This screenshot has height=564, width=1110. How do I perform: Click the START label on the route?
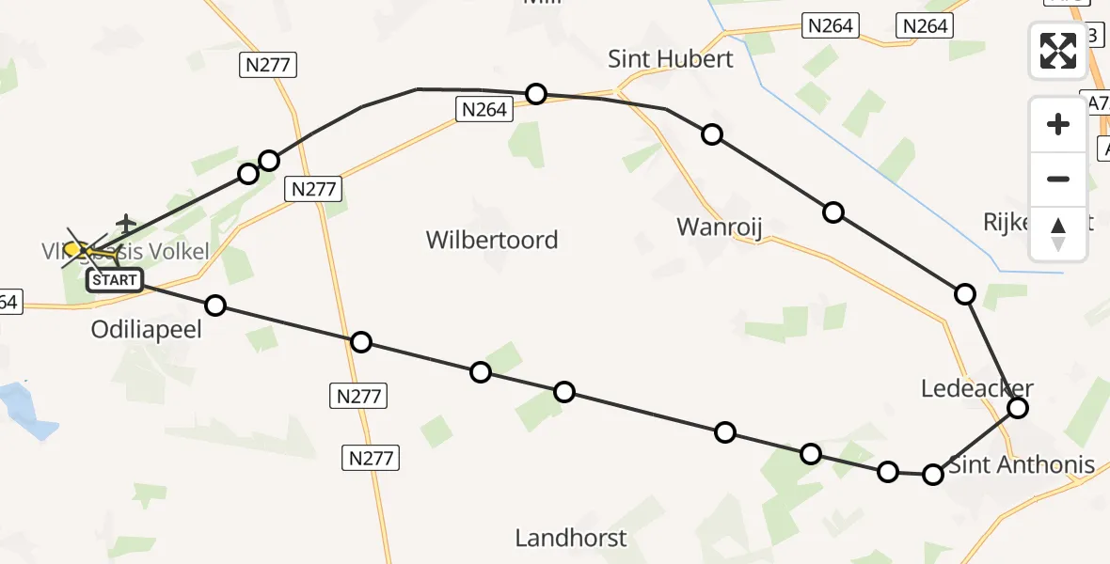coord(115,279)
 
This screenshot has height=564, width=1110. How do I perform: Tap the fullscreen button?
coord(1058,50)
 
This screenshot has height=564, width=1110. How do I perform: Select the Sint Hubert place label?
coord(670,59)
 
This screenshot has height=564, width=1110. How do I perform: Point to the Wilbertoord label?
coord(492,240)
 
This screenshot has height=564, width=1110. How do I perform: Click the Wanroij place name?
coord(719,227)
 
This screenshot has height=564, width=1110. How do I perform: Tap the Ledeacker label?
coord(977,388)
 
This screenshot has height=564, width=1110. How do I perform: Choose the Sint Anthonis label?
coord(1021,464)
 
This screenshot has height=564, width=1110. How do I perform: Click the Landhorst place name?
coord(570,538)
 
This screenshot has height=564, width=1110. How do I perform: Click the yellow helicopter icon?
coord(80,250)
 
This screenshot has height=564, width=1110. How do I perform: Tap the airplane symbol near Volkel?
coord(125,226)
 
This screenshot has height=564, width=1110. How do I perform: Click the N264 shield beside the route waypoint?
coord(484,110)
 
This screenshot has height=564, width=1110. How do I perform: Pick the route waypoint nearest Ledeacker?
coord(1018,407)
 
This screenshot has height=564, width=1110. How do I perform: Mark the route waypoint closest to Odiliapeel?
coord(215,305)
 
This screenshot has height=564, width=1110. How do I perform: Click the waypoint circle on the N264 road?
coord(536,93)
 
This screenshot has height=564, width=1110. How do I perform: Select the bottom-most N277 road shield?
coord(372,458)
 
